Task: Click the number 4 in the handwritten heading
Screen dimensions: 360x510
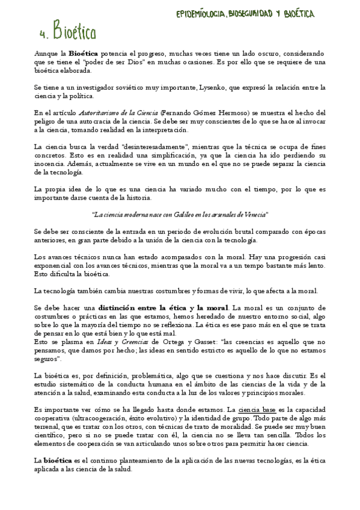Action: (40, 31)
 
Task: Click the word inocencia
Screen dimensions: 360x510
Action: (49, 164)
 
